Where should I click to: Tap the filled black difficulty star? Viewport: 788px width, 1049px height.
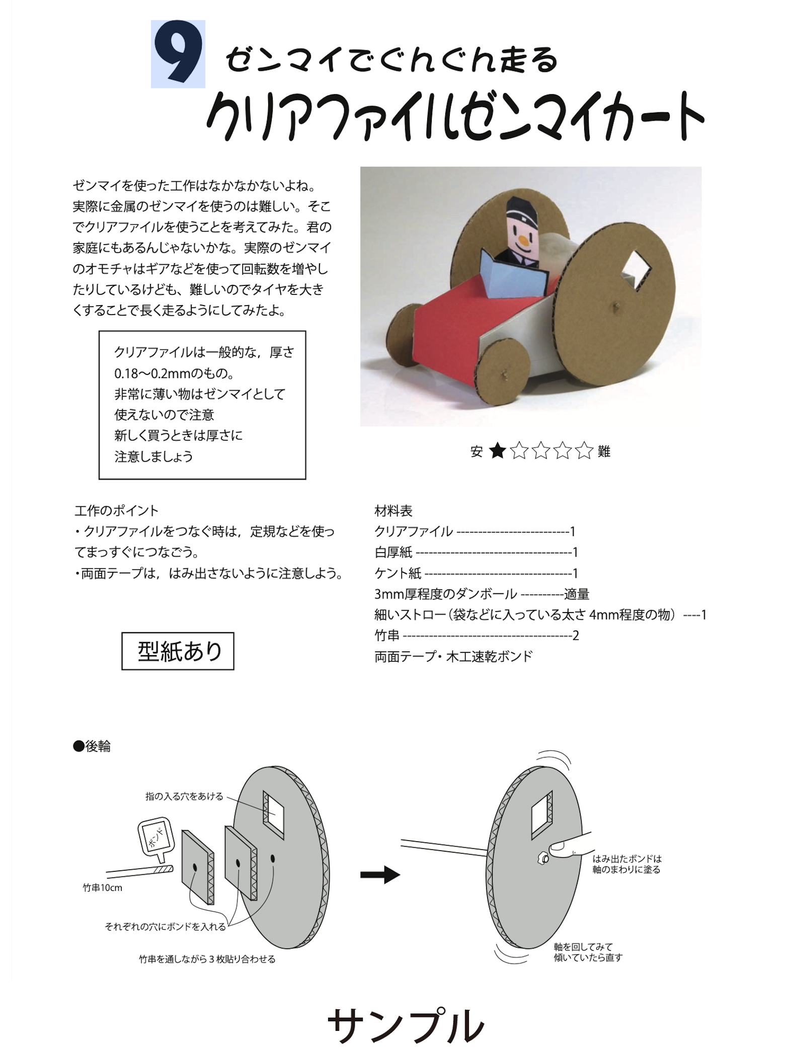497,451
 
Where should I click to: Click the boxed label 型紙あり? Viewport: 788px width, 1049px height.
178,651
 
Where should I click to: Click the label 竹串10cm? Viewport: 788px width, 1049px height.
103,887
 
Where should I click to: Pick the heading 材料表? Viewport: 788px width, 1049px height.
393,511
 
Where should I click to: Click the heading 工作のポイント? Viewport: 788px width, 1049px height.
116,511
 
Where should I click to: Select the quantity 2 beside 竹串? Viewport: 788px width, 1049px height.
576,636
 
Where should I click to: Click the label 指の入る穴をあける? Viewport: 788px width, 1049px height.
184,796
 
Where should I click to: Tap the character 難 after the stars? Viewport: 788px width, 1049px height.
604,452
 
